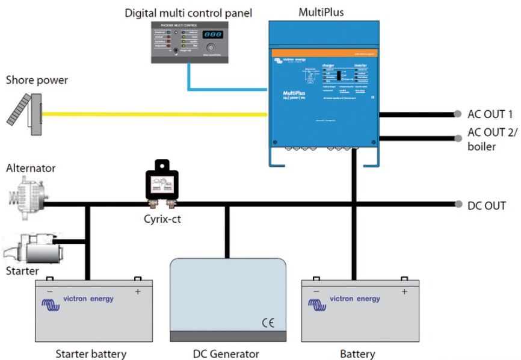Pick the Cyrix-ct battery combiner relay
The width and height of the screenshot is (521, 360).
point(162,183)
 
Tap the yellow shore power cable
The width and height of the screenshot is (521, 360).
point(150,113)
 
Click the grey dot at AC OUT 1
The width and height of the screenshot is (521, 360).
point(458,114)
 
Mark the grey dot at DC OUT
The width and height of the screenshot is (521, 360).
point(458,205)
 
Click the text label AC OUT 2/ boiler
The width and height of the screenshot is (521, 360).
point(491,140)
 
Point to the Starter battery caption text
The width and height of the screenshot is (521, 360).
point(91,353)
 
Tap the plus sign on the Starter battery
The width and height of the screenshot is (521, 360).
point(138,291)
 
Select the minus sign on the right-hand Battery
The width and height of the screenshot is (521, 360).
point(316,291)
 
